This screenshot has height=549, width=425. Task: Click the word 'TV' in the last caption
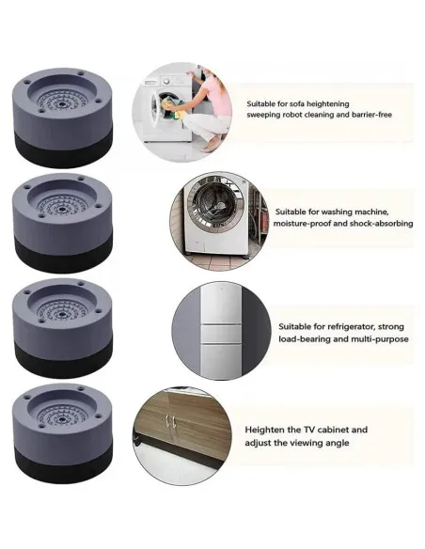pos(309,430)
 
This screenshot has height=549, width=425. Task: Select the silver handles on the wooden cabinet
pos(171,421)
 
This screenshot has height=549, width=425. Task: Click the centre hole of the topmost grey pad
pos(62,104)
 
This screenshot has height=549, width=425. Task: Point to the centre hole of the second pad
pos(62,209)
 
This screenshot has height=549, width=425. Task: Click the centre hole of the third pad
pos(62,314)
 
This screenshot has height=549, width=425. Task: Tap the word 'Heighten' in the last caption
pos(264,430)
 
